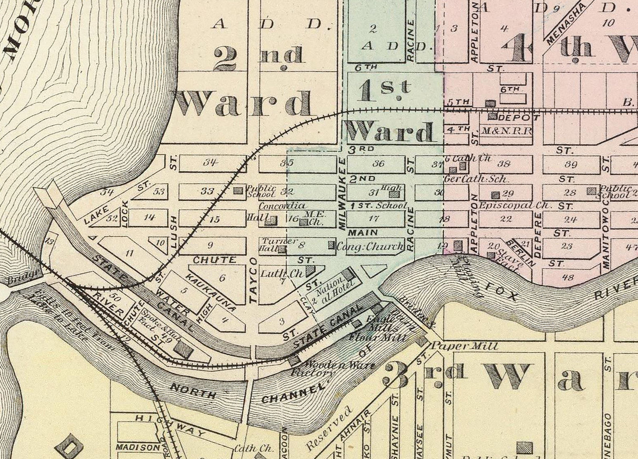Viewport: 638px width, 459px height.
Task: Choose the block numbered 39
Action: point(570,164)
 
